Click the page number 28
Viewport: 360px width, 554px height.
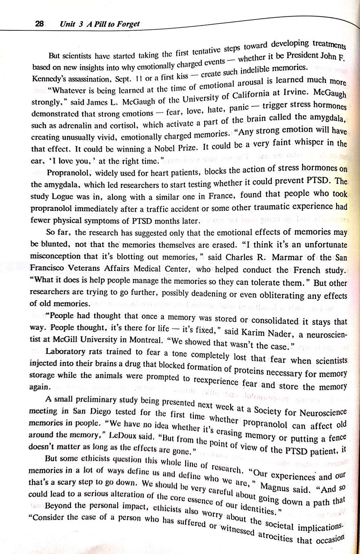click(x=39, y=24)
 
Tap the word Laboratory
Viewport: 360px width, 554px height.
click(x=65, y=351)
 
